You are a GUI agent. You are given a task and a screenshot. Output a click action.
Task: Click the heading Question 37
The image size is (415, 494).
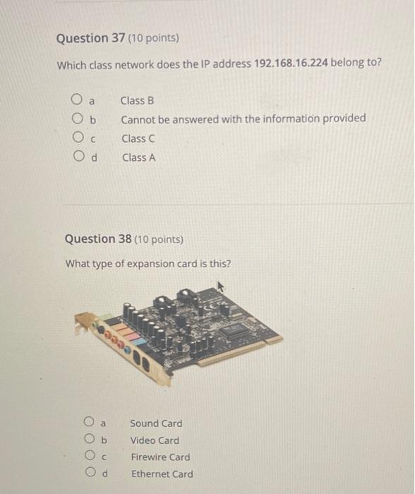83,38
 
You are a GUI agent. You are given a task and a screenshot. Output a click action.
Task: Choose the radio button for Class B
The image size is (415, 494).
76,100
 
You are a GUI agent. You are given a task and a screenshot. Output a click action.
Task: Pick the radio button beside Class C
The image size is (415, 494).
76,138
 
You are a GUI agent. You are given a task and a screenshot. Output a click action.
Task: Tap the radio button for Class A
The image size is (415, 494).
76,157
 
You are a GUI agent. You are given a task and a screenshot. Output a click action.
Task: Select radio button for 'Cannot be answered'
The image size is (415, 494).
76,119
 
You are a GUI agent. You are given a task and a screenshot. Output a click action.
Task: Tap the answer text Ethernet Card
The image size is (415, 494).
162,474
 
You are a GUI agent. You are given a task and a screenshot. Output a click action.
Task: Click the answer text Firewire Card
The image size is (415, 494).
160,457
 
